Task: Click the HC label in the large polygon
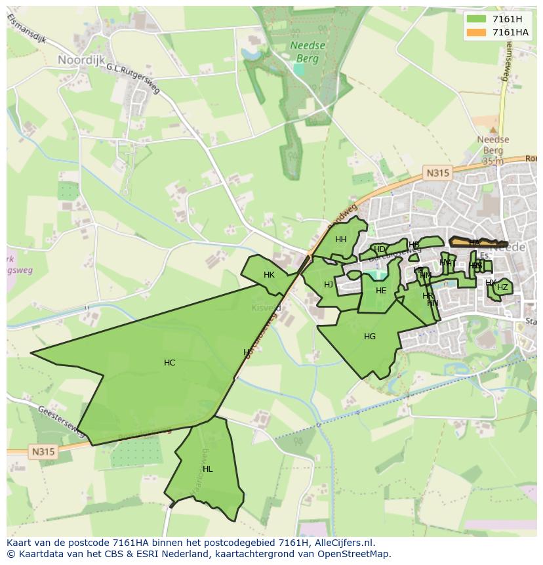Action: pos(170,363)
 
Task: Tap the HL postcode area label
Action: pos(208,469)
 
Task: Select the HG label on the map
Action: pos(370,337)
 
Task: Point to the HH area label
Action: pos(341,240)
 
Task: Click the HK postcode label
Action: pos(269,275)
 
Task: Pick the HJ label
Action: pos(329,285)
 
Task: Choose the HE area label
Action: pos(381,291)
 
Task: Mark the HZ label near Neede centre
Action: pos(502,287)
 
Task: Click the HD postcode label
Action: pos(379,249)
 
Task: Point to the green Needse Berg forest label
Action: pos(303,52)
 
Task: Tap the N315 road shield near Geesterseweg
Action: pos(43,451)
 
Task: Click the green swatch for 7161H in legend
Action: pos(477,19)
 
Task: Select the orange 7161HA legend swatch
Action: pos(477,32)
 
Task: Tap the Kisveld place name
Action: pos(266,307)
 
